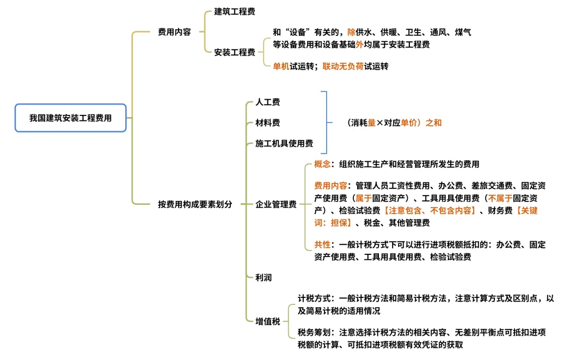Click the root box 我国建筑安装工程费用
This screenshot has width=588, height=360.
click(x=70, y=118)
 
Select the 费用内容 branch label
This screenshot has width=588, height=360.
click(x=174, y=32)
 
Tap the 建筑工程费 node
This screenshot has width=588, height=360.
click(x=235, y=11)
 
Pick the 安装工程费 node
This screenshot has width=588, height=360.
click(x=235, y=52)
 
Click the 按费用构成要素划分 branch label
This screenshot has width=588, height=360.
click(x=195, y=204)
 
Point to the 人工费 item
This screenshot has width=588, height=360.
click(x=268, y=102)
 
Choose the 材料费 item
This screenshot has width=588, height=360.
click(x=268, y=123)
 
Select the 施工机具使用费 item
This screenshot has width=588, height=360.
click(x=284, y=144)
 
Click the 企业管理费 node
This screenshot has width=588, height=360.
click(x=276, y=204)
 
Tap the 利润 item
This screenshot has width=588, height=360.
click(x=264, y=277)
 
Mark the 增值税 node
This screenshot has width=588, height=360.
click(x=268, y=321)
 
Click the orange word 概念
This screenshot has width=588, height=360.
click(x=322, y=164)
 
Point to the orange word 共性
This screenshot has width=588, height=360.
click(x=322, y=245)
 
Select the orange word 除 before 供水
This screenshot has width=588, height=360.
click(x=351, y=33)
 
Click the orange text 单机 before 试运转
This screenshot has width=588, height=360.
click(x=281, y=66)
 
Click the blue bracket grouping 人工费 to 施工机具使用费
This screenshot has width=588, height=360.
click(x=326, y=123)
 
